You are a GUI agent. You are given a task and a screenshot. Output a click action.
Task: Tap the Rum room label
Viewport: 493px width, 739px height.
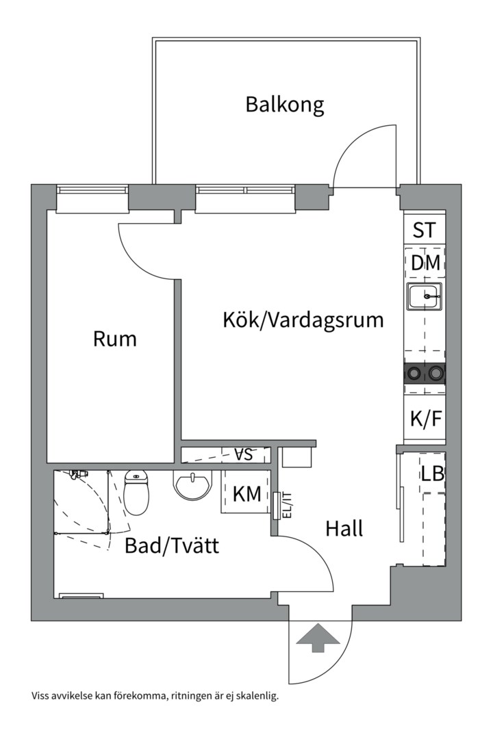(115, 339)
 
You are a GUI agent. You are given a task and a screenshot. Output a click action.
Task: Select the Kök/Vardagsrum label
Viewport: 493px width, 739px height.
(303, 320)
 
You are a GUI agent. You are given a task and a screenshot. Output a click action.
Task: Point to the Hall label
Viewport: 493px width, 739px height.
(344, 528)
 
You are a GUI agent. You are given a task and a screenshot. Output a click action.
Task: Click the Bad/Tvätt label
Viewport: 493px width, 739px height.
(172, 546)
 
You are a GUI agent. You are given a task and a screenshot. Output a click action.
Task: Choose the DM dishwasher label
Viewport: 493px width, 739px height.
(425, 262)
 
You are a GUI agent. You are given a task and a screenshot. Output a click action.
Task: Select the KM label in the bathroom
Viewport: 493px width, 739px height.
(246, 494)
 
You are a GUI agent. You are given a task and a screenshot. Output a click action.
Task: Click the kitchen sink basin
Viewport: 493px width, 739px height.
(425, 297)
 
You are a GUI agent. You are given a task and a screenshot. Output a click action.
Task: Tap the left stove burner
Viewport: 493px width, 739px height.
(414, 373)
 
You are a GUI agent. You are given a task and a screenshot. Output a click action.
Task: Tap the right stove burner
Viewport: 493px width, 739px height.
(435, 373)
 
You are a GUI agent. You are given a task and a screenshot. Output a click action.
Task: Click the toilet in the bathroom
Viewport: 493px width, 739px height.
(137, 491)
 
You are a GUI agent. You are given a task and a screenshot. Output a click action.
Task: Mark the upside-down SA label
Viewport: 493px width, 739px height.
(243, 454)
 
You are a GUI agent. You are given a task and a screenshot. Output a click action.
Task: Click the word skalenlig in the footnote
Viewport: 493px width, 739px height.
(257, 697)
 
